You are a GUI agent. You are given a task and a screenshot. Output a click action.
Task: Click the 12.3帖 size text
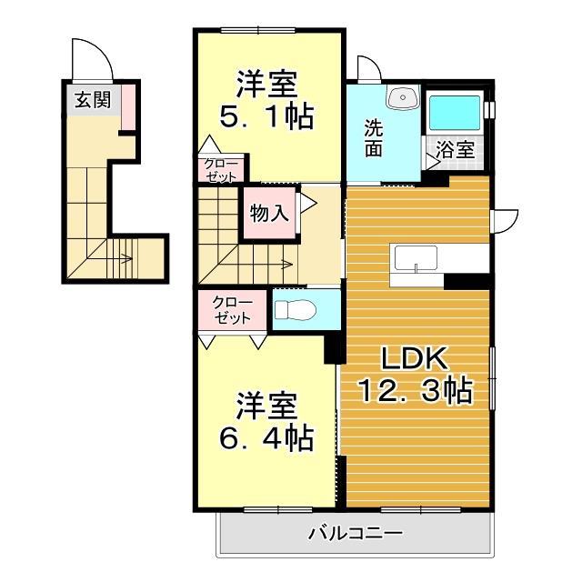(x=415, y=392)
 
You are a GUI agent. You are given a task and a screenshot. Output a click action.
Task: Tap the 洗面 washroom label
(x=374, y=138)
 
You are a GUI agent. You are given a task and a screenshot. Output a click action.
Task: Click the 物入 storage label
(x=269, y=214)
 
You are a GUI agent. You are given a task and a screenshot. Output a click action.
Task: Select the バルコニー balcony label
(x=355, y=533)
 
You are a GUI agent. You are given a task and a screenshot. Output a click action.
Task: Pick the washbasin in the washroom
(x=401, y=99)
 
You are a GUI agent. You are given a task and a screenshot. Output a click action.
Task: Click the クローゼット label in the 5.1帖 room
(x=221, y=171)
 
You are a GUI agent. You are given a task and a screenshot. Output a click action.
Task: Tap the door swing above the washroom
(x=370, y=69)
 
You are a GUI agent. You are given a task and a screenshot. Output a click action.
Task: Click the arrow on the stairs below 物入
(x=273, y=265)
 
